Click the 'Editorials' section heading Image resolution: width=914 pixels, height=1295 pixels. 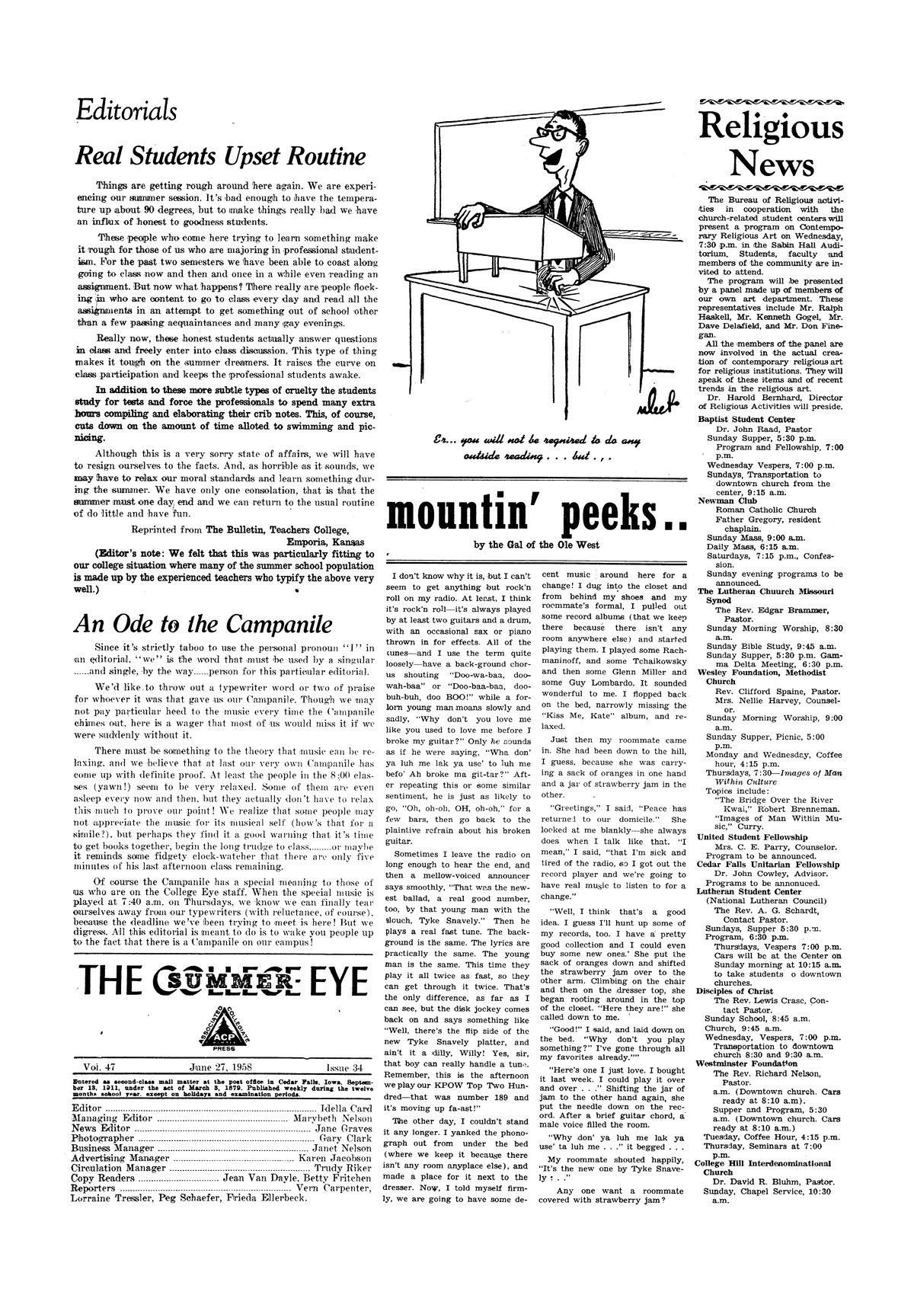(126, 111)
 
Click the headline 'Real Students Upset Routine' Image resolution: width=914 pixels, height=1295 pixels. (219, 157)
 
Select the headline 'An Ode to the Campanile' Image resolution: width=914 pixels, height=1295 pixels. (203, 622)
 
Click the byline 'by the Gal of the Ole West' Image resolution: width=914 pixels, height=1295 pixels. (536, 545)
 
